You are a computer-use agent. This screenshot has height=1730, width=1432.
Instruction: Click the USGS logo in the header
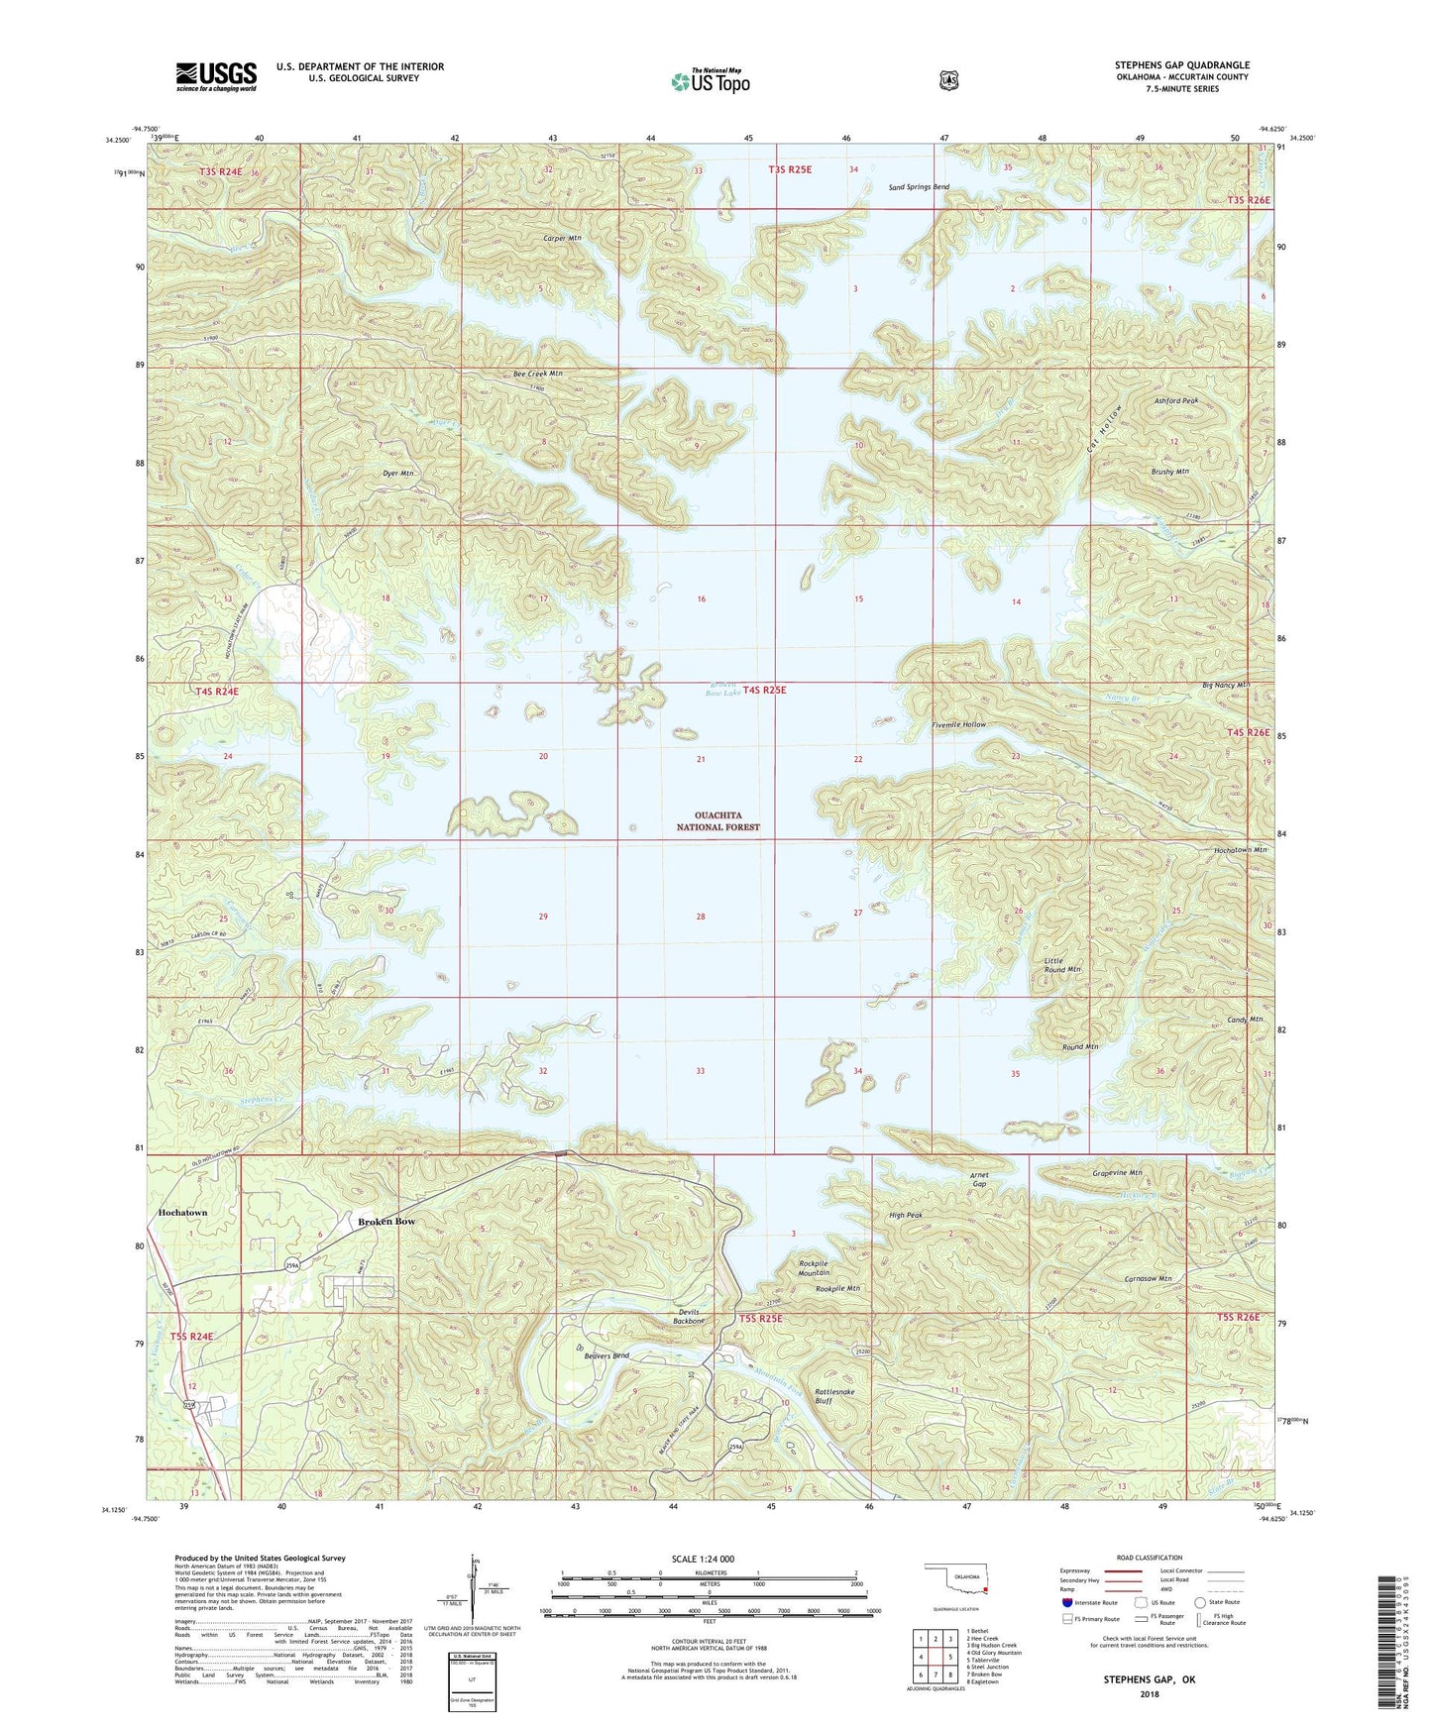[216, 76]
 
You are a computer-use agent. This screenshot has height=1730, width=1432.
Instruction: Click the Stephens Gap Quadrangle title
[1181, 65]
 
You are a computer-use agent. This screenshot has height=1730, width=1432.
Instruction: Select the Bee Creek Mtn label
[537, 374]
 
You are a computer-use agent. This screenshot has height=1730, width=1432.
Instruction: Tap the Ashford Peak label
[1176, 400]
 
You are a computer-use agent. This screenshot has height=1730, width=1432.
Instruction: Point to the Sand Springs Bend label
[918, 187]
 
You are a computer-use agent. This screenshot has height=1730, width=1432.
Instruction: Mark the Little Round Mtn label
[1061, 964]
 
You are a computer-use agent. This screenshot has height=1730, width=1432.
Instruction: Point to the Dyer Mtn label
[397, 474]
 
